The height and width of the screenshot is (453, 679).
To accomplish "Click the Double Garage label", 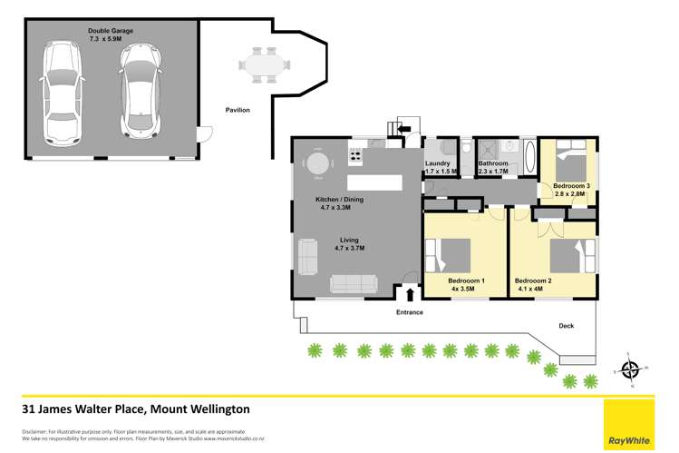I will pyautogui.click(x=111, y=31).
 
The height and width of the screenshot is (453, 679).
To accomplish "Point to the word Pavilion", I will pyautogui.click(x=238, y=110).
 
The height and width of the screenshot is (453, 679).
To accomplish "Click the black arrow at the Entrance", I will pyautogui.click(x=410, y=293).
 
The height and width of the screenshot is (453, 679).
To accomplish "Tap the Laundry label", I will pyautogui.click(x=438, y=163).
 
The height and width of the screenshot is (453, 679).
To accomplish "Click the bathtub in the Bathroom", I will pyautogui.click(x=529, y=158).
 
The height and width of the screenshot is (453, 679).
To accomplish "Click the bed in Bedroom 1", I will pyautogui.click(x=448, y=255).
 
